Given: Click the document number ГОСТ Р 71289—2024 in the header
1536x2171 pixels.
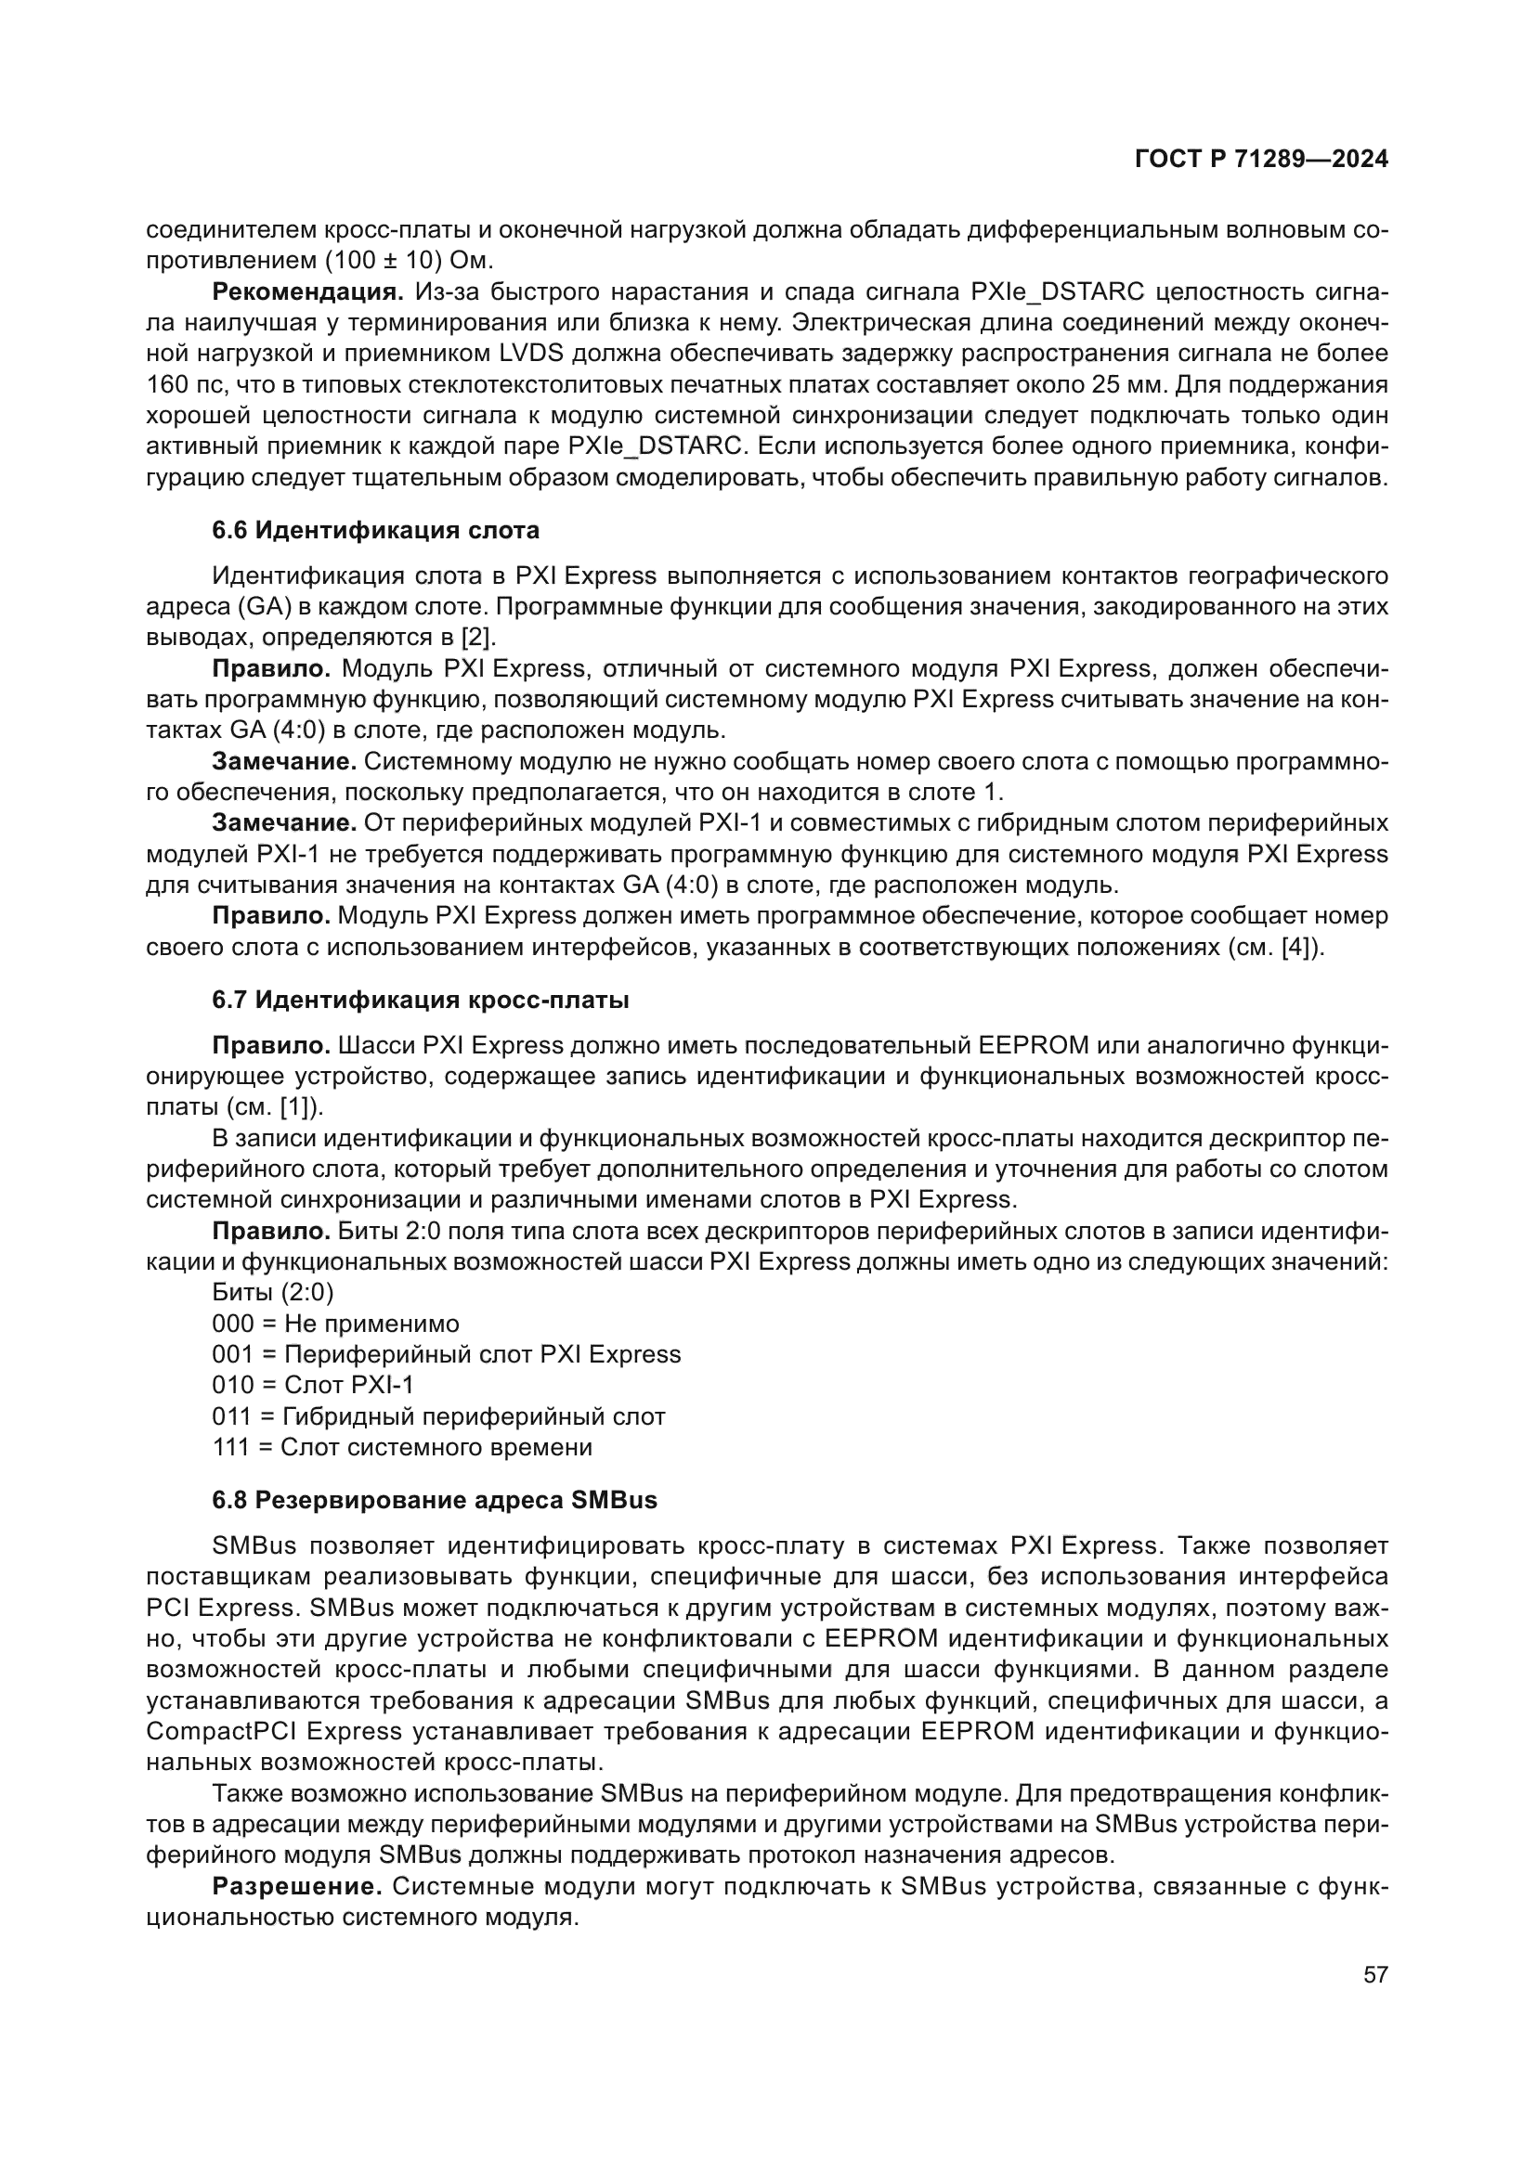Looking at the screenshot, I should pyautogui.click(x=1261, y=159).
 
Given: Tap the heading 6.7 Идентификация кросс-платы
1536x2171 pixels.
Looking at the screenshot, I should pyautogui.click(x=420, y=1000).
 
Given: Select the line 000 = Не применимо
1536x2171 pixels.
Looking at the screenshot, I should pyautogui.click(x=335, y=1323).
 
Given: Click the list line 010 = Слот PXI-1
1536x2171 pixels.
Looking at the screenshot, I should pyautogui.click(x=312, y=1384).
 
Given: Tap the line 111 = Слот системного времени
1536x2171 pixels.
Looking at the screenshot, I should pyautogui.click(x=402, y=1447).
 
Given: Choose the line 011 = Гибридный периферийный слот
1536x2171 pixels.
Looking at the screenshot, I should pyautogui.click(x=438, y=1415).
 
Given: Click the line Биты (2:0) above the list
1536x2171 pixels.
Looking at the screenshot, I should pyautogui.click(x=272, y=1292).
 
